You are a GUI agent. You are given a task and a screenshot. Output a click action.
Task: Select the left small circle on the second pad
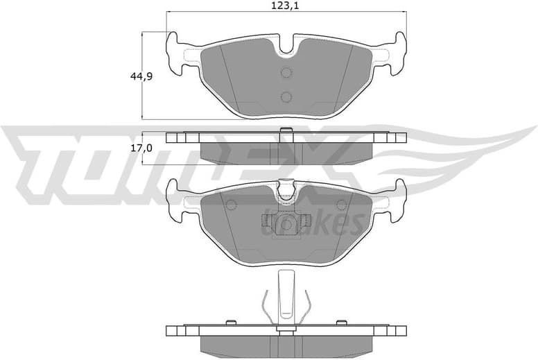(231, 205)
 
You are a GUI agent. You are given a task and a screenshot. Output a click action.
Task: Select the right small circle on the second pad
(341, 205)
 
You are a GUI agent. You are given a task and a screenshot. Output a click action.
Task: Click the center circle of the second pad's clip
(286, 224)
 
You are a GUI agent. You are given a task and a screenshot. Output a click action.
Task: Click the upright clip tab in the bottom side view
(286, 295)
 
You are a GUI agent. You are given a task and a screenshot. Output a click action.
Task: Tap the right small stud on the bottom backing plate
(340, 322)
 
